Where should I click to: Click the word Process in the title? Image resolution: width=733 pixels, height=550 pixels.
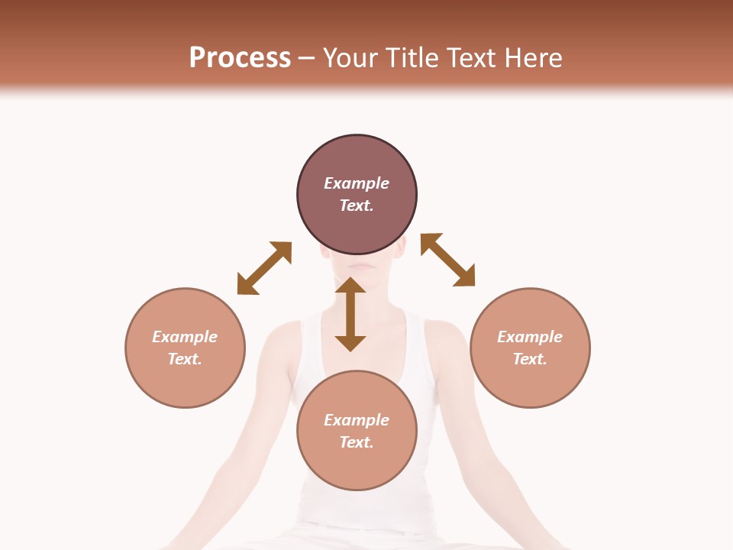240,58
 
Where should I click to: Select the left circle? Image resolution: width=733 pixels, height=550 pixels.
185,348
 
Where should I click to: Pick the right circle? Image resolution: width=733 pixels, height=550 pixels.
530,348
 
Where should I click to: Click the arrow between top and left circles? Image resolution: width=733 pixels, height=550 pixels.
264,268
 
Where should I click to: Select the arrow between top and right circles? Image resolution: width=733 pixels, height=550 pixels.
448,260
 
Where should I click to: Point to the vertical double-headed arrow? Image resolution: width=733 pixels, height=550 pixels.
350,315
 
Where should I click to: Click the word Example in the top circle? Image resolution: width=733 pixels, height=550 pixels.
357,183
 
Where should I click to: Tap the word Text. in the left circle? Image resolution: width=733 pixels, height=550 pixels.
185,359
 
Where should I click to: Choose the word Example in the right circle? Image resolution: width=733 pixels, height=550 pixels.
530,337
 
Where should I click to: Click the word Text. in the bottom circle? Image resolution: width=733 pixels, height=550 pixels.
357,442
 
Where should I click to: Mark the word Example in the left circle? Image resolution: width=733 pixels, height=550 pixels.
185,337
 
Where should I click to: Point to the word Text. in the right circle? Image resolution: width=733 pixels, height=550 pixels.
530,359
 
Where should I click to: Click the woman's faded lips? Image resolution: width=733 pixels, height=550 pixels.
362,267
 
